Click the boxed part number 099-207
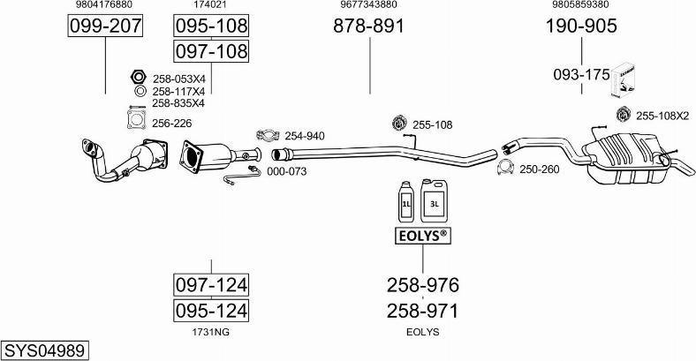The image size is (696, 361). pos(105,26)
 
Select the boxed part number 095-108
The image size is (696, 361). pos(211,26)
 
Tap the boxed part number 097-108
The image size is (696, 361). pos(211,52)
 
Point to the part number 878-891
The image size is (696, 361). pos(368,26)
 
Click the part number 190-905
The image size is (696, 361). pos(580,26)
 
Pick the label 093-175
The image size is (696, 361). pos(580,75)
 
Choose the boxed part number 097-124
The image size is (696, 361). pos(211,285)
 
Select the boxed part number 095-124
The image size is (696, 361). pos(211,311)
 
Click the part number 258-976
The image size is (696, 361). pos(422,285)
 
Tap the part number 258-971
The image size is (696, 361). pos(422,311)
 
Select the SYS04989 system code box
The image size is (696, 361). pos(45,351)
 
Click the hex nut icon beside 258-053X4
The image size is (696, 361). pos(138,78)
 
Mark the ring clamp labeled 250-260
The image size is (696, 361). pos(505,169)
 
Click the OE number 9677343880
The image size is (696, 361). pos(368,5)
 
